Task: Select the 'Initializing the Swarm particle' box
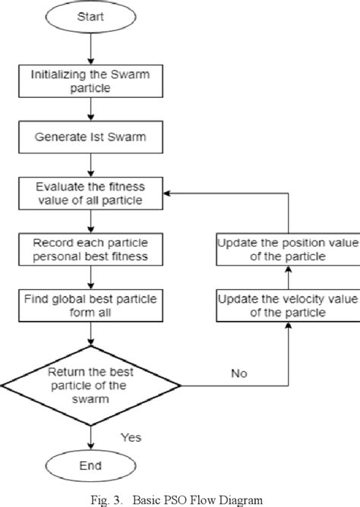90,82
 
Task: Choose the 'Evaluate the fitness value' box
90,194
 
